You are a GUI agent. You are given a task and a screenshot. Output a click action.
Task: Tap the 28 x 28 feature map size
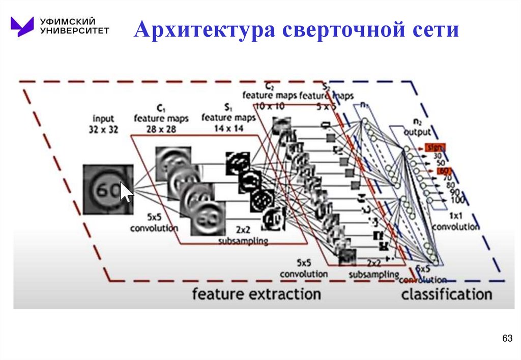(161, 129)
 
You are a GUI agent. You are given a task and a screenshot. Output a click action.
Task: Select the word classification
(446, 294)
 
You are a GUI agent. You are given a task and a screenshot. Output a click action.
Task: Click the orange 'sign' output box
(436, 147)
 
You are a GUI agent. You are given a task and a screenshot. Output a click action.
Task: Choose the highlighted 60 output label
(443, 171)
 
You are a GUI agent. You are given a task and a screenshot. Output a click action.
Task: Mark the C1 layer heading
(161, 108)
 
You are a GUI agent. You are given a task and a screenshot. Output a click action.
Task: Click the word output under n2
(417, 132)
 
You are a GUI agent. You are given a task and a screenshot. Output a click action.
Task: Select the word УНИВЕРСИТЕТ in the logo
(75, 31)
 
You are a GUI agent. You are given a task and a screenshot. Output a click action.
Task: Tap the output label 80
(450, 186)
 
